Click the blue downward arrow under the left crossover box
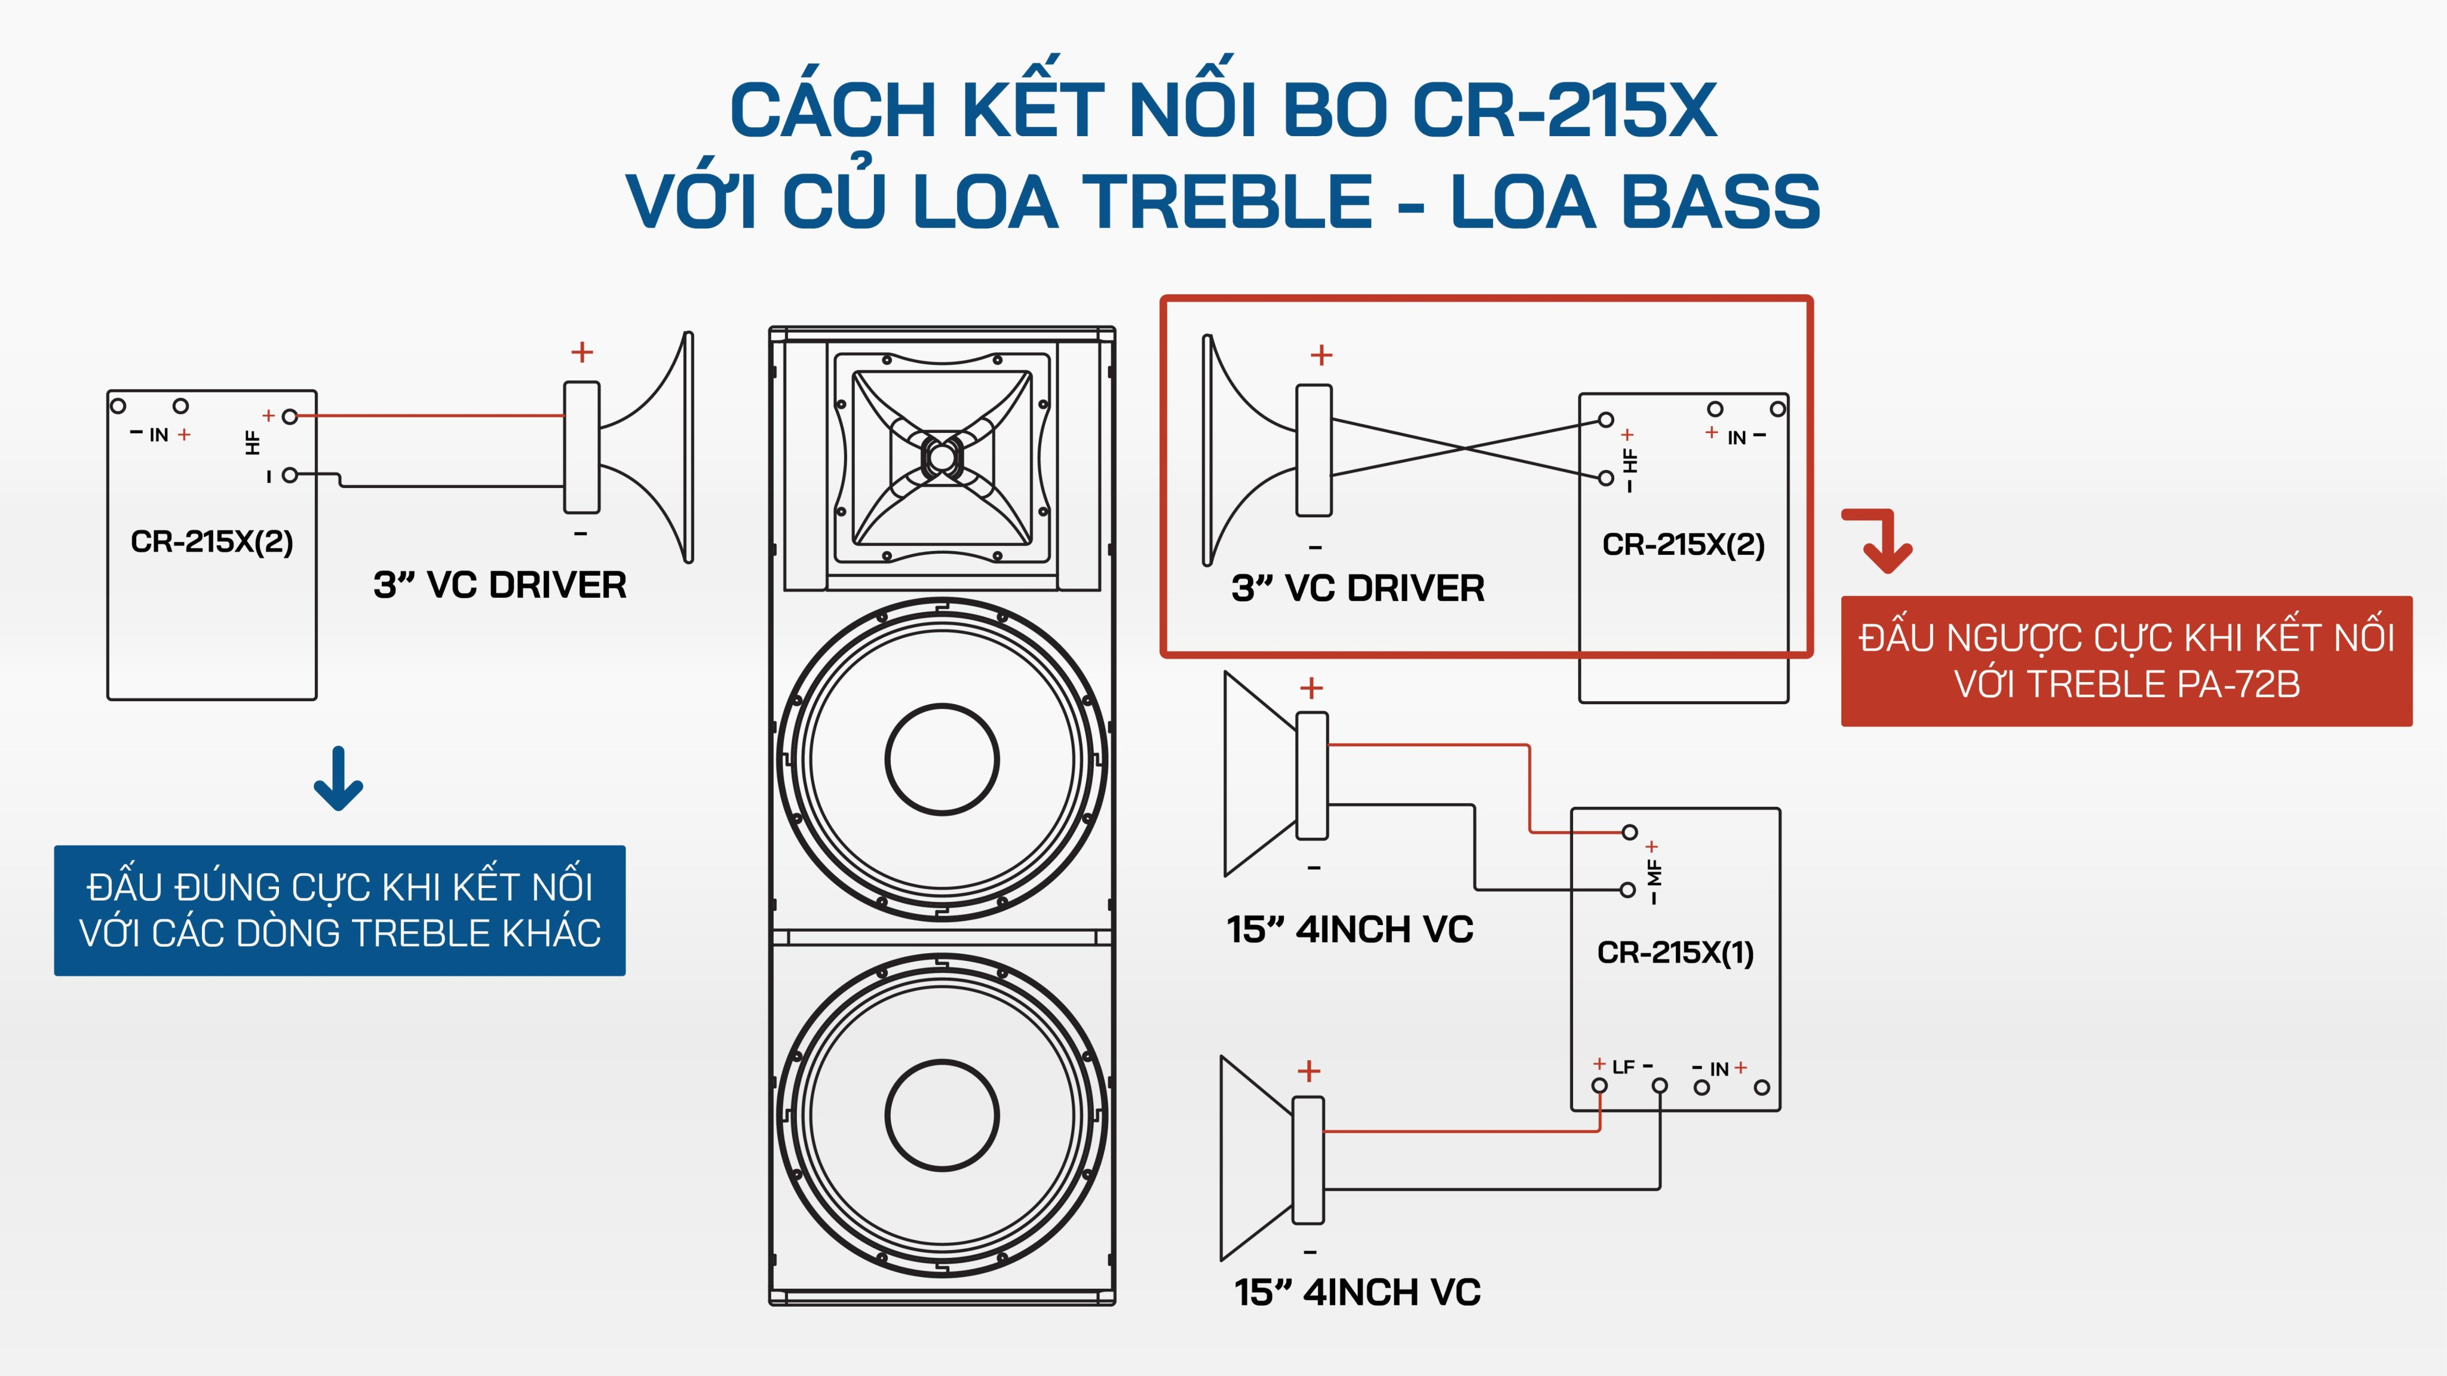338,779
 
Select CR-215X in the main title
1565,110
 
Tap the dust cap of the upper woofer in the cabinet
942,758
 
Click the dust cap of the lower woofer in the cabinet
942,1115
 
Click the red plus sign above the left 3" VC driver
581,352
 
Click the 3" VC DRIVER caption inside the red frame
1357,588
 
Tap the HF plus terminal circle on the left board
290,416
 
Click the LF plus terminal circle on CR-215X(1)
1600,1085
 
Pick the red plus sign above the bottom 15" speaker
1309,1071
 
